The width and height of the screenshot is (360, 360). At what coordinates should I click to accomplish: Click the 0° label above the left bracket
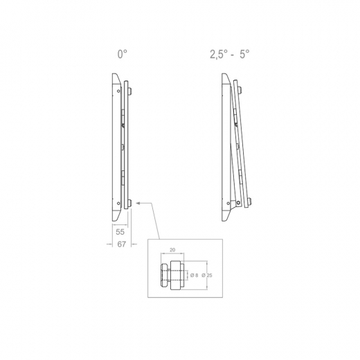click(122, 53)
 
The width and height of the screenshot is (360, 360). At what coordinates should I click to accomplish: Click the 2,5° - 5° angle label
click(230, 53)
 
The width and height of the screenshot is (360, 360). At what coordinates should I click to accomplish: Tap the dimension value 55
click(120, 233)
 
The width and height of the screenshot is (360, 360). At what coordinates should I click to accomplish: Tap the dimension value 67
click(120, 244)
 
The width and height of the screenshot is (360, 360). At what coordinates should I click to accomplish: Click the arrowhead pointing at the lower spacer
click(139, 203)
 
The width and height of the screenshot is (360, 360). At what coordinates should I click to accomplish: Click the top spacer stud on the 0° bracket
click(129, 91)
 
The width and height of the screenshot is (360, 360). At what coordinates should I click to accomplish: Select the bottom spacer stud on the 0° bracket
click(129, 202)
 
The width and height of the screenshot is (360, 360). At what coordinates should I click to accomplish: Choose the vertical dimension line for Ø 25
click(201, 276)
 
